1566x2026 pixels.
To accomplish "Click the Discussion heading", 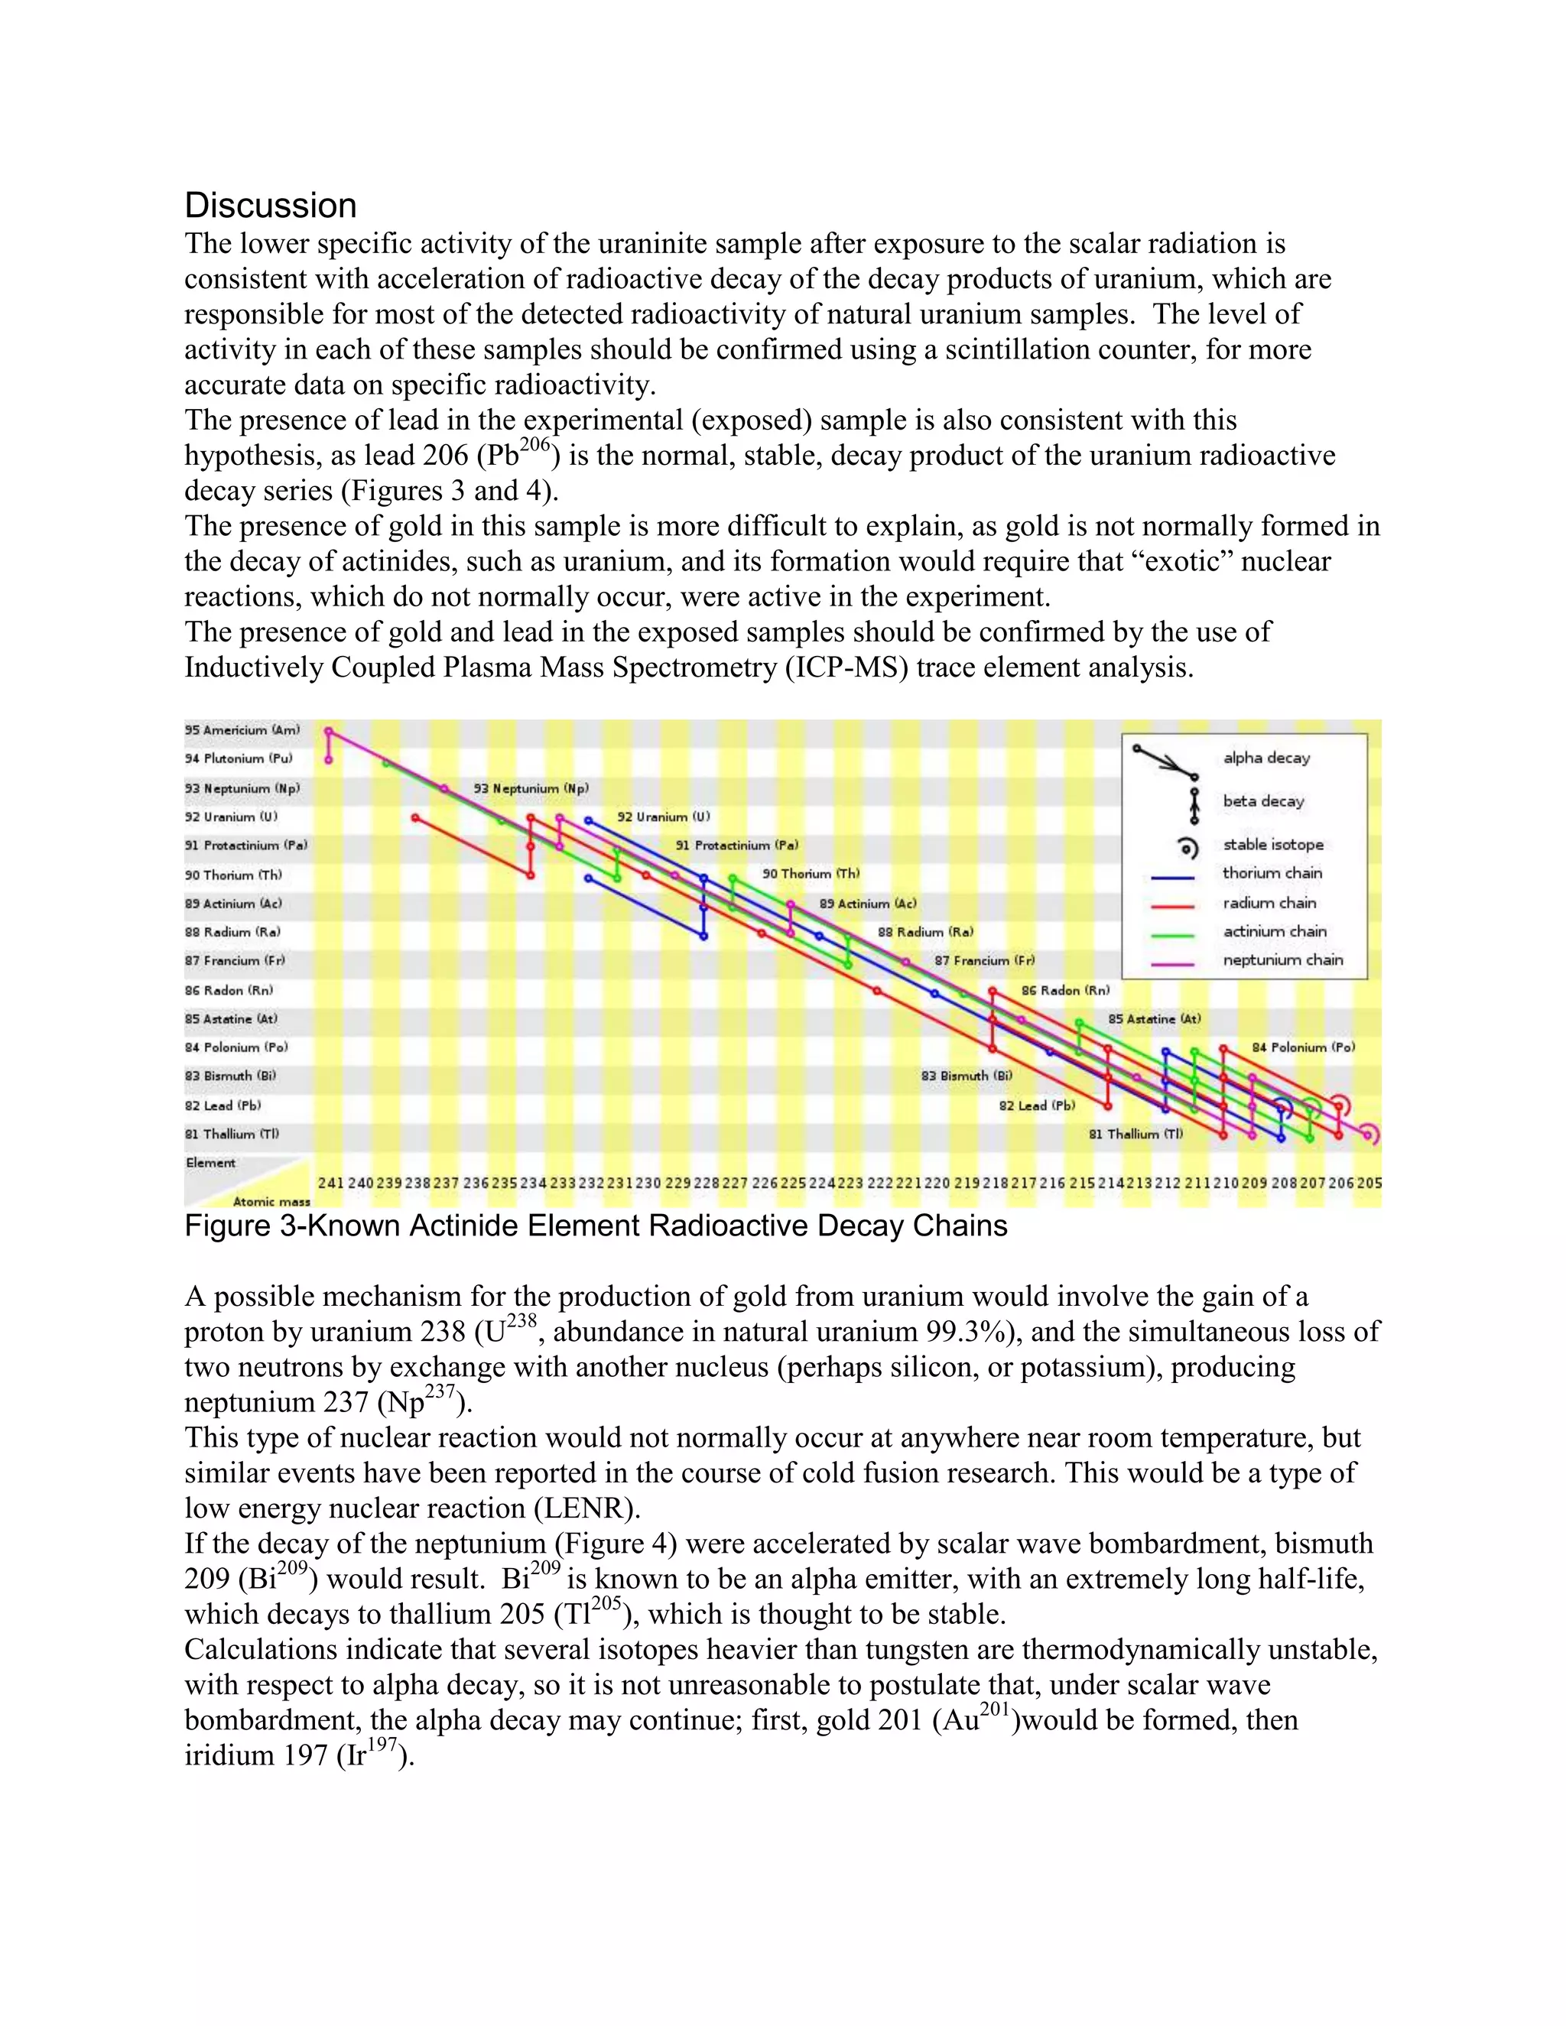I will point(270,205).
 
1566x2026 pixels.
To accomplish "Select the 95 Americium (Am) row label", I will point(242,730).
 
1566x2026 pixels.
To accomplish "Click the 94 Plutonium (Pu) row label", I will point(239,759).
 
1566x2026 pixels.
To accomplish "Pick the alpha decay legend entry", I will point(1266,758).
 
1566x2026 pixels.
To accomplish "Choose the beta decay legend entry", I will point(1262,801).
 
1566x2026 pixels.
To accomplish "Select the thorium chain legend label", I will point(1272,873).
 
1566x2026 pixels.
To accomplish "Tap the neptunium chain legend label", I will point(1282,960).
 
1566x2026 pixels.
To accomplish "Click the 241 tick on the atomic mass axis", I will point(330,1183).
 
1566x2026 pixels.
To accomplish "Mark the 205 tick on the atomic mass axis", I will point(1369,1183).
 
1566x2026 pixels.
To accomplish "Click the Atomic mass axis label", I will point(271,1201).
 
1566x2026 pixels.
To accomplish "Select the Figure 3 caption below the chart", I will point(596,1226).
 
